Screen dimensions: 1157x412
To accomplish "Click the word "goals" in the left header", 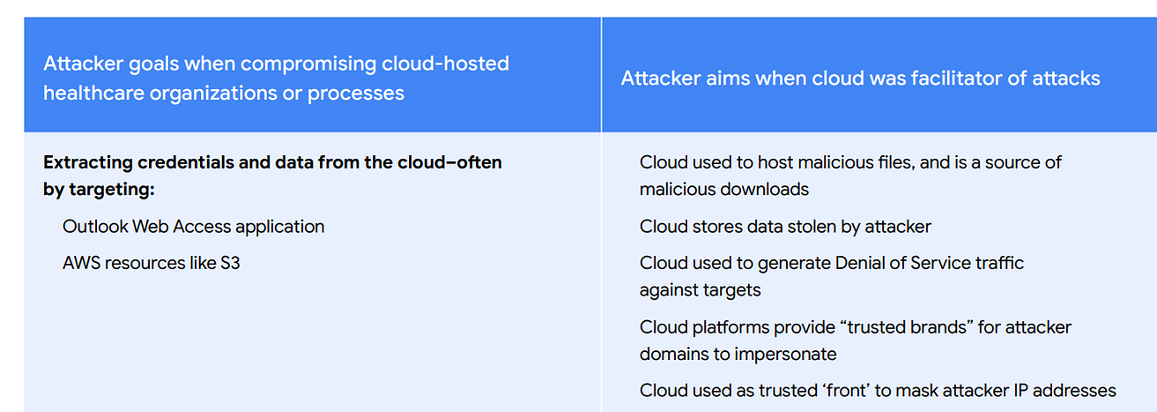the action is click(x=145, y=64).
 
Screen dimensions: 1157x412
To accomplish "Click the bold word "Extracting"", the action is click(x=87, y=162).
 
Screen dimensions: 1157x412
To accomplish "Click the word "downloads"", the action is click(x=765, y=189).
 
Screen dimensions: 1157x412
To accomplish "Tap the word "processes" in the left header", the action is click(x=356, y=93).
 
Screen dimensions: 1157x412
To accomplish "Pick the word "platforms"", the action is click(x=726, y=327).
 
